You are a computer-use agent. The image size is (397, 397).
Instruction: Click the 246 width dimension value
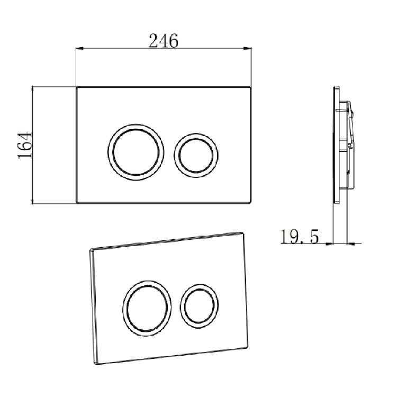pyautogui.click(x=163, y=40)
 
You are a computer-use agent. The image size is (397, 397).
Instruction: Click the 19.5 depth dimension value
pyautogui.click(x=299, y=237)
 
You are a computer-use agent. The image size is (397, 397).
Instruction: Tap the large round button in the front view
pyautogui.click(x=133, y=148)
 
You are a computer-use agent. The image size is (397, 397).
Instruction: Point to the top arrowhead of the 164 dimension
pyautogui.click(x=33, y=89)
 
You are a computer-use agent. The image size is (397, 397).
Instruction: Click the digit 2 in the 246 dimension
pyautogui.click(x=154, y=40)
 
